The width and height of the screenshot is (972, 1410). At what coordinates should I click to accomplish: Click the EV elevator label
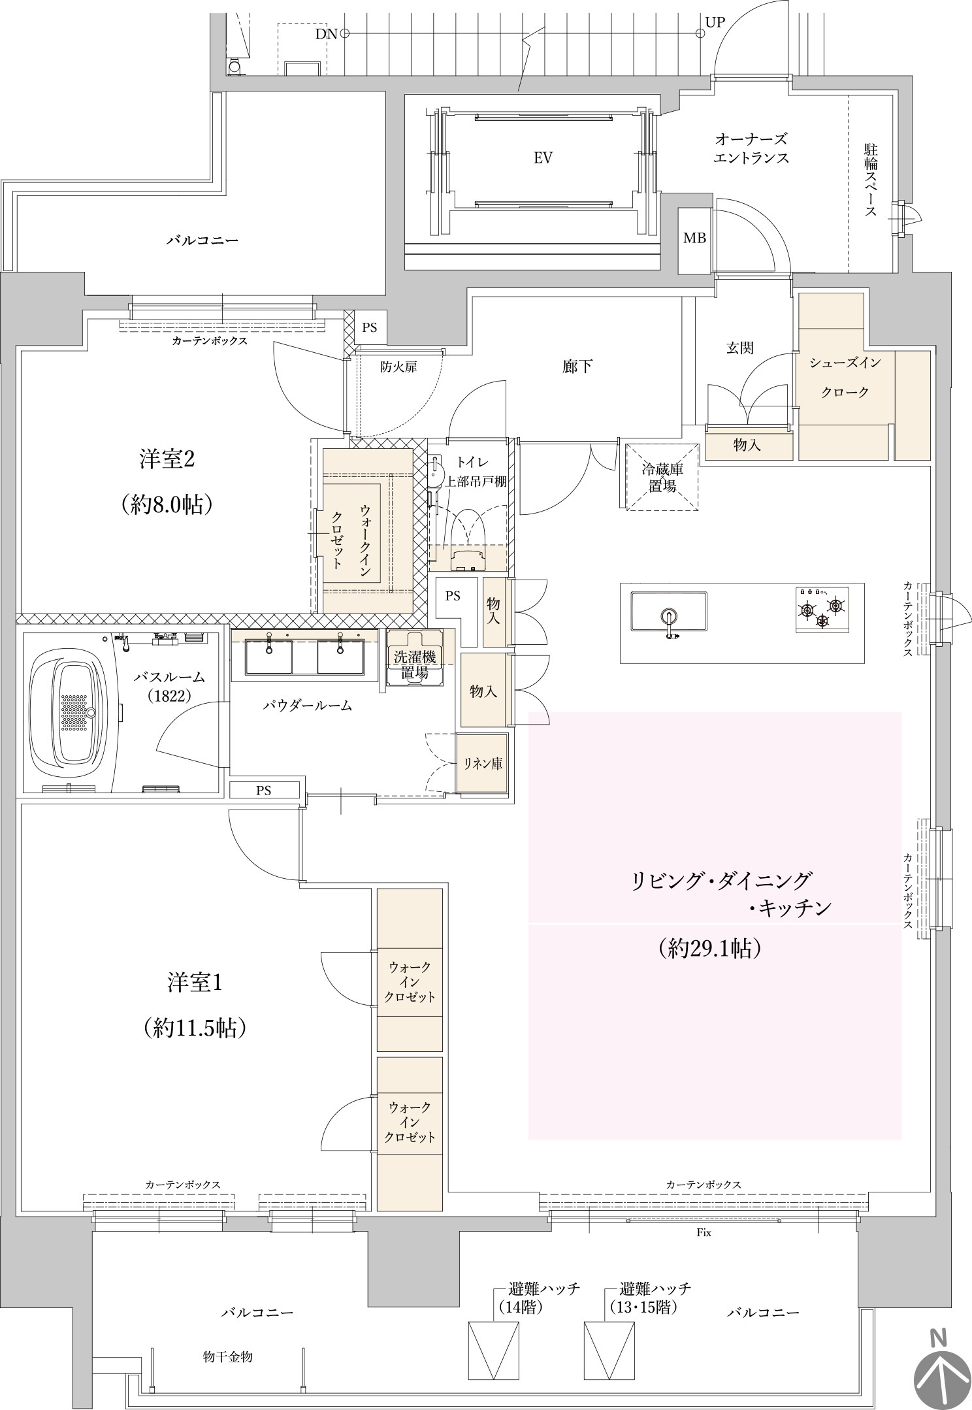[543, 158]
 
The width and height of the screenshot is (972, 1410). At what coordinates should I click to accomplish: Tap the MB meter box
[695, 239]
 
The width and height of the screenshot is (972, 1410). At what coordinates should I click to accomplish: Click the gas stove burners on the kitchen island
[822, 609]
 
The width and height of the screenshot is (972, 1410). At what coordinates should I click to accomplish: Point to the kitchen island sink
[669, 612]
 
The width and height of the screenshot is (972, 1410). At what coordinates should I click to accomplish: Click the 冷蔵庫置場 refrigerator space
[662, 476]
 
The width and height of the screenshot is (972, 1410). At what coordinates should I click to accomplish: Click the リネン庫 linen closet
[483, 763]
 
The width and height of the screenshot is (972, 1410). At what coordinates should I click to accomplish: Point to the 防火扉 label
[398, 367]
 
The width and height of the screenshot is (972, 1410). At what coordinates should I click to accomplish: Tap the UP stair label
[715, 22]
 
